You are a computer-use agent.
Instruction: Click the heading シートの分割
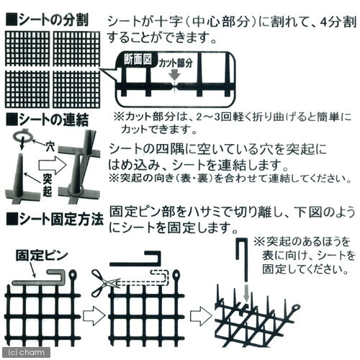[x=48, y=20]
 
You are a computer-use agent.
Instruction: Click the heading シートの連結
[x=48, y=120]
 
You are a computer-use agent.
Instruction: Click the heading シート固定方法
[x=55, y=219]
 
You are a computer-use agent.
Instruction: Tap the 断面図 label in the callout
[x=138, y=59]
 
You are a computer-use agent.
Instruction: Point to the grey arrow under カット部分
[x=175, y=75]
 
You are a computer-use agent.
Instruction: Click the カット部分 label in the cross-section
[x=176, y=63]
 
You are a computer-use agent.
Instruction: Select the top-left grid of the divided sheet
[x=27, y=49]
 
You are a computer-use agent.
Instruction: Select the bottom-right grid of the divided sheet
[x=76, y=89]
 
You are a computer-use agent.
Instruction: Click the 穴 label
[x=50, y=146]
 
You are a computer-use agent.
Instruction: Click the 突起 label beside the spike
[x=48, y=184]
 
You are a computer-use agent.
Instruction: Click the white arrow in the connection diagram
[x=53, y=166]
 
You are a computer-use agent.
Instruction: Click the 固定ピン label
[x=42, y=256]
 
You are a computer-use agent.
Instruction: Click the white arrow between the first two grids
[x=94, y=315]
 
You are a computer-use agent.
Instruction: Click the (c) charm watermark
[x=27, y=352]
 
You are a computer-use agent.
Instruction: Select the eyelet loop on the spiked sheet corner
[x=296, y=307]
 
